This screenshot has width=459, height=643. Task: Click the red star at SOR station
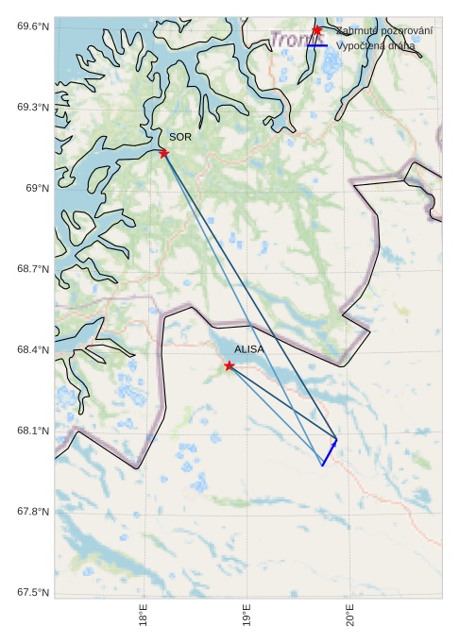pos(164,153)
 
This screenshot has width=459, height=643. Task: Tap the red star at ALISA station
pos(229,365)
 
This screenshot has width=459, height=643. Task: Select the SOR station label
pos(180,138)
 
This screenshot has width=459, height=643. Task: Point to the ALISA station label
pos(249,349)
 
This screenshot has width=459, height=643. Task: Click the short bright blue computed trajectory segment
pos(329,452)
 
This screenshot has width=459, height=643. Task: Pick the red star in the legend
pos(317,31)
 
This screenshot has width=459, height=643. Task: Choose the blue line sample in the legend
pos(317,45)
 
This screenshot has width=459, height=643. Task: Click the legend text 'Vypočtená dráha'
pos(375,45)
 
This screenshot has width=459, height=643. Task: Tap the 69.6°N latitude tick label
pos(33,26)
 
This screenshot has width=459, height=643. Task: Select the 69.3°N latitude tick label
pos(33,108)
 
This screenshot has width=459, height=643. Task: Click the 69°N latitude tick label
pos(37,189)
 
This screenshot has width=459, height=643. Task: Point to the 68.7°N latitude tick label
pos(33,270)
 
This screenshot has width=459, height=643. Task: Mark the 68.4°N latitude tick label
pos(33,350)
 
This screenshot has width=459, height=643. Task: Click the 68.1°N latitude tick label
pos(33,431)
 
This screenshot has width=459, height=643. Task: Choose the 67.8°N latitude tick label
pos(33,512)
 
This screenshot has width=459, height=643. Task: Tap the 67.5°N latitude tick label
pos(33,593)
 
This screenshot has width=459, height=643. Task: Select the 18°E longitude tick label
pos(144,617)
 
